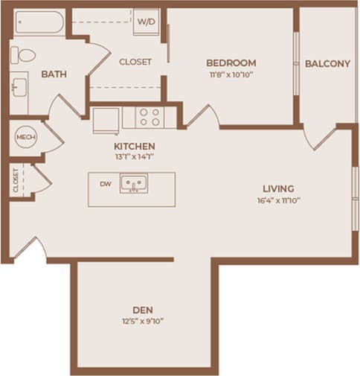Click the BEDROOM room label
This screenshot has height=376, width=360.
point(231,63)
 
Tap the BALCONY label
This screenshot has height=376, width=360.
point(327,63)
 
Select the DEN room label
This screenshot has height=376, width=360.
point(143,309)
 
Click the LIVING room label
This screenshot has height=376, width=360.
point(277,188)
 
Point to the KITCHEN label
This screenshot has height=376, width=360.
point(134,146)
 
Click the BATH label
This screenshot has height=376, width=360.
point(52,74)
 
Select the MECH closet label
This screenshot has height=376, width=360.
point(26,138)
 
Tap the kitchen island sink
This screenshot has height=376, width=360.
point(134,183)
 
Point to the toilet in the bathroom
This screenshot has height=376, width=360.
point(22,54)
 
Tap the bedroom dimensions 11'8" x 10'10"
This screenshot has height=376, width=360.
point(231,74)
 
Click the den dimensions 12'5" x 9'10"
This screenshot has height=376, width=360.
point(142,321)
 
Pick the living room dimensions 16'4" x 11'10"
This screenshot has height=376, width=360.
point(277,200)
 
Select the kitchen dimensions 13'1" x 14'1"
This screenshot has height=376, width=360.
point(134,157)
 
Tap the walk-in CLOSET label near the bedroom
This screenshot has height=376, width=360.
point(135,62)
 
